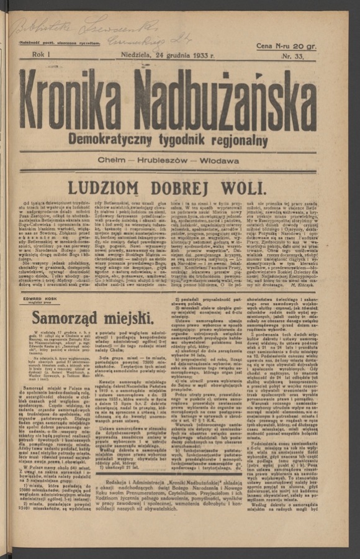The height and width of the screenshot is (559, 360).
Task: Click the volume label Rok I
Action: [41, 55]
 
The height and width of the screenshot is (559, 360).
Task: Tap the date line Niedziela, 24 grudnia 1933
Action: [168, 56]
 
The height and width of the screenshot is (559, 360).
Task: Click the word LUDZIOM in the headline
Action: [104, 188]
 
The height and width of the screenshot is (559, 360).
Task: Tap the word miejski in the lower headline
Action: [125, 318]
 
